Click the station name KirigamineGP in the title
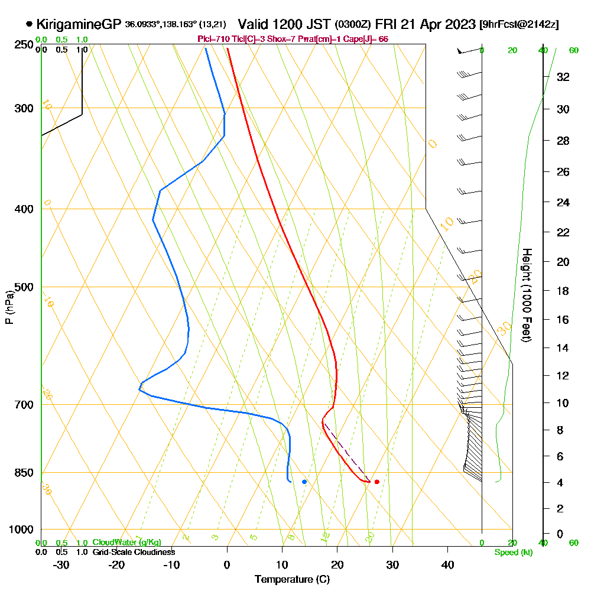click(x=79, y=24)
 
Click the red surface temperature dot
click(x=376, y=482)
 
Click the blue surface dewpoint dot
click(x=304, y=482)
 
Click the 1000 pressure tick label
click(x=21, y=530)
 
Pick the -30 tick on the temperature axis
click(x=61, y=565)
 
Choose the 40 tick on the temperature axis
click(x=447, y=565)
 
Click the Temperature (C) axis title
click(x=292, y=580)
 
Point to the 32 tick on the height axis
click(x=563, y=77)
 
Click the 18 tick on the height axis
click(x=563, y=291)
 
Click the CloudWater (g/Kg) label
click(x=126, y=543)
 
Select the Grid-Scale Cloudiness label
click(x=133, y=552)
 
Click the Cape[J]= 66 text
click(x=371, y=39)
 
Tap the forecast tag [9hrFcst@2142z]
click(x=520, y=25)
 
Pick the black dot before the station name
click(x=29, y=24)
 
